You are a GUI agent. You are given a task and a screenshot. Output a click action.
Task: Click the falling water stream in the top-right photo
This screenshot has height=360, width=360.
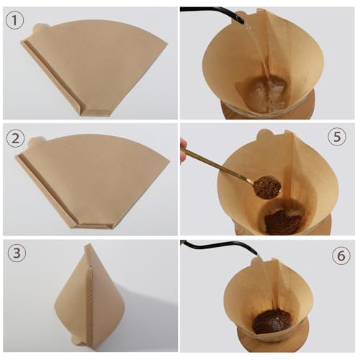pyautogui.click(x=253, y=50)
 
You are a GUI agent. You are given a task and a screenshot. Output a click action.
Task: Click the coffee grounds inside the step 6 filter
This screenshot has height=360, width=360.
pyautogui.click(x=272, y=320)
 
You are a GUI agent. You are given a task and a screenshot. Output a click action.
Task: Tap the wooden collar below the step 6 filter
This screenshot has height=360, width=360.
pyautogui.click(x=272, y=344)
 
